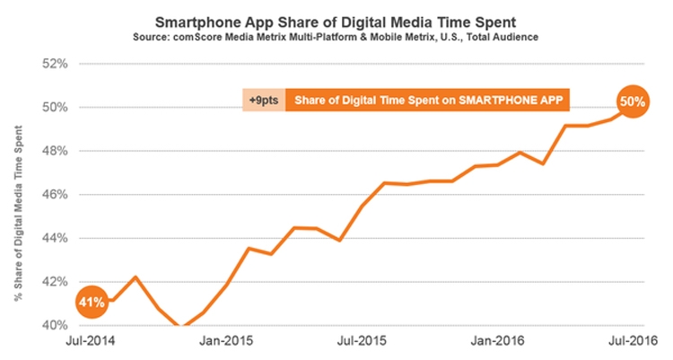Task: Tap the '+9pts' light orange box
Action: coord(263,100)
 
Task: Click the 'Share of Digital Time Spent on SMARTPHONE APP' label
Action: coord(428,100)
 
